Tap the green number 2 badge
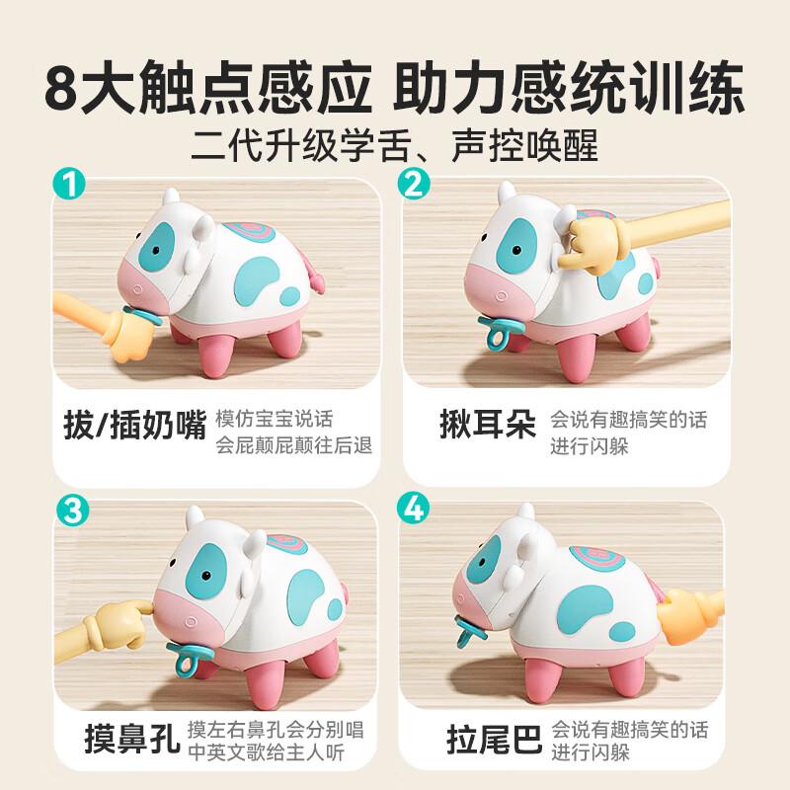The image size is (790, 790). [x=415, y=186]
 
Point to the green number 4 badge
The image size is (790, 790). [x=415, y=512]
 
